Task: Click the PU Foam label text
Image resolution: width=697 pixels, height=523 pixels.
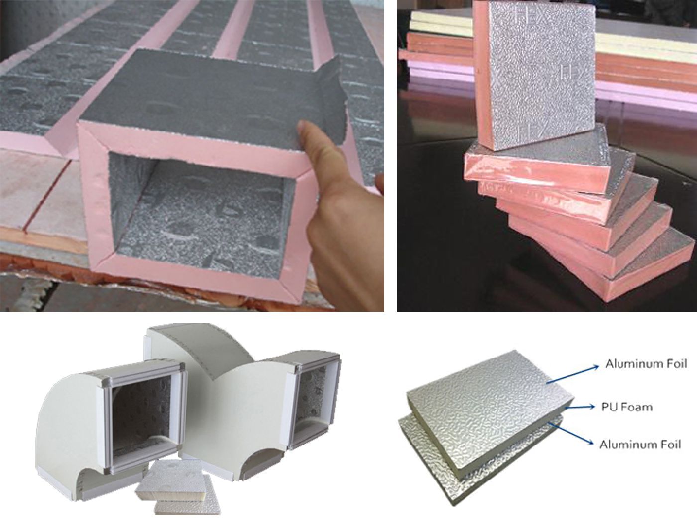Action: (626, 407)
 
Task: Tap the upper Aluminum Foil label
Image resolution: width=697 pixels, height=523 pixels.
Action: (646, 364)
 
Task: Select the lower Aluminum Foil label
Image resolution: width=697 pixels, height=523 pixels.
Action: (640, 445)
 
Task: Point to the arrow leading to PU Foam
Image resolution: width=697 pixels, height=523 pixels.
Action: (580, 407)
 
